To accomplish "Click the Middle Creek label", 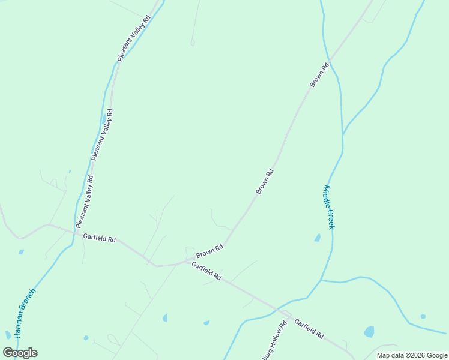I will click(x=328, y=206).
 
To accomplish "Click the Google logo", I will click(x=20, y=353).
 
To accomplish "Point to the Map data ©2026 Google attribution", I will click(x=412, y=355).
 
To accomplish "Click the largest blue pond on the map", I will click(x=369, y=332).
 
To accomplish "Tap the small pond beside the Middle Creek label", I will click(x=317, y=238).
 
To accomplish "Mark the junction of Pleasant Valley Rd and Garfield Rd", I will click(x=76, y=230).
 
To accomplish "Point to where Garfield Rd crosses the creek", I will click(x=277, y=310).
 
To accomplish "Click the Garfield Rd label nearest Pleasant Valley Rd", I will click(x=99, y=238).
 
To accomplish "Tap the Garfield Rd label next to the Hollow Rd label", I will click(x=309, y=328).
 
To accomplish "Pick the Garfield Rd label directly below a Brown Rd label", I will click(x=206, y=271).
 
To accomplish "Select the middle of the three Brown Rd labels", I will click(x=265, y=181).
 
